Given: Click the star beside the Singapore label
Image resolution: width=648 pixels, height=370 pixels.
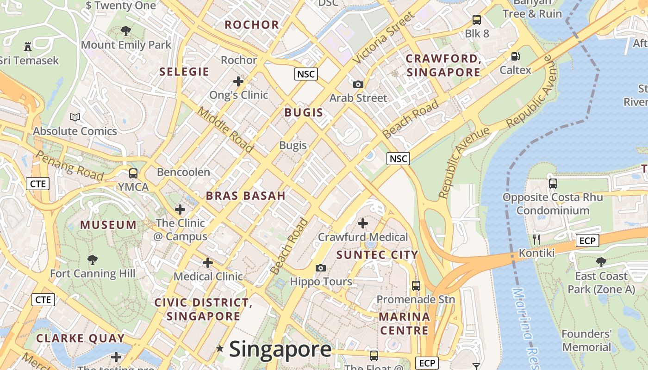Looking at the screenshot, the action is pyautogui.click(x=220, y=348).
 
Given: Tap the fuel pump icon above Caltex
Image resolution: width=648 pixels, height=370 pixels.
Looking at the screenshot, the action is pyautogui.click(x=515, y=56).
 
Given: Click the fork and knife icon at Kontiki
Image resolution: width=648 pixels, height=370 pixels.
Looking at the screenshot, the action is pyautogui.click(x=536, y=239).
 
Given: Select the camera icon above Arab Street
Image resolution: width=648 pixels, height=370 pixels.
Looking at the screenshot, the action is pyautogui.click(x=358, y=84).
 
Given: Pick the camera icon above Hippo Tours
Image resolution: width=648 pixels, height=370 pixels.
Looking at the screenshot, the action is pyautogui.click(x=320, y=268).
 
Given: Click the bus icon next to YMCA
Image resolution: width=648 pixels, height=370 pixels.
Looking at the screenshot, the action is pyautogui.click(x=133, y=173).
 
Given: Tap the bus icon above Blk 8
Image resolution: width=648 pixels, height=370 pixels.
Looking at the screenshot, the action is pyautogui.click(x=477, y=20).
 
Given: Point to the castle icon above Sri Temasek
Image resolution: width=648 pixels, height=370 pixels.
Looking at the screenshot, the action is pyautogui.click(x=28, y=46).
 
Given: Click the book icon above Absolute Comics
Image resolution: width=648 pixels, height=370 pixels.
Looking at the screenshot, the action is pyautogui.click(x=75, y=117).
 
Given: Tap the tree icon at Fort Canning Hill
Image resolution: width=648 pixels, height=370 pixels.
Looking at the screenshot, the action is pyautogui.click(x=93, y=259).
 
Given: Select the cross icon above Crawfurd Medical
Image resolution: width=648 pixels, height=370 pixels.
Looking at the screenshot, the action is pyautogui.click(x=363, y=223).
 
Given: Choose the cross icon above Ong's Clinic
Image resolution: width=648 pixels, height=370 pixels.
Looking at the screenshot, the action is pyautogui.click(x=238, y=81).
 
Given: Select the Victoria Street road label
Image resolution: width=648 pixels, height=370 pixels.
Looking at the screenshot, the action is pyautogui.click(x=384, y=38).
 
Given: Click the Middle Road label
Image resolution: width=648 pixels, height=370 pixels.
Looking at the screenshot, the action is pyautogui.click(x=225, y=129).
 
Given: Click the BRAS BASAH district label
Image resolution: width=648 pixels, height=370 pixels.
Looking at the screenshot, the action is pyautogui.click(x=246, y=196).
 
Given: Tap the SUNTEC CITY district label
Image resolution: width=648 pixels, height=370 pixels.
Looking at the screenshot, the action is pyautogui.click(x=377, y=255).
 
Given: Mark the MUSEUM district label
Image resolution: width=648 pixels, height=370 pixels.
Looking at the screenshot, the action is pyautogui.click(x=108, y=225).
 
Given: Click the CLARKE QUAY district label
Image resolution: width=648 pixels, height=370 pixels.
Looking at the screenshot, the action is pyautogui.click(x=81, y=338).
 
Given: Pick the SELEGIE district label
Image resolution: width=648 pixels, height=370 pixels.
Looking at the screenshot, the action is pyautogui.click(x=184, y=72).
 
